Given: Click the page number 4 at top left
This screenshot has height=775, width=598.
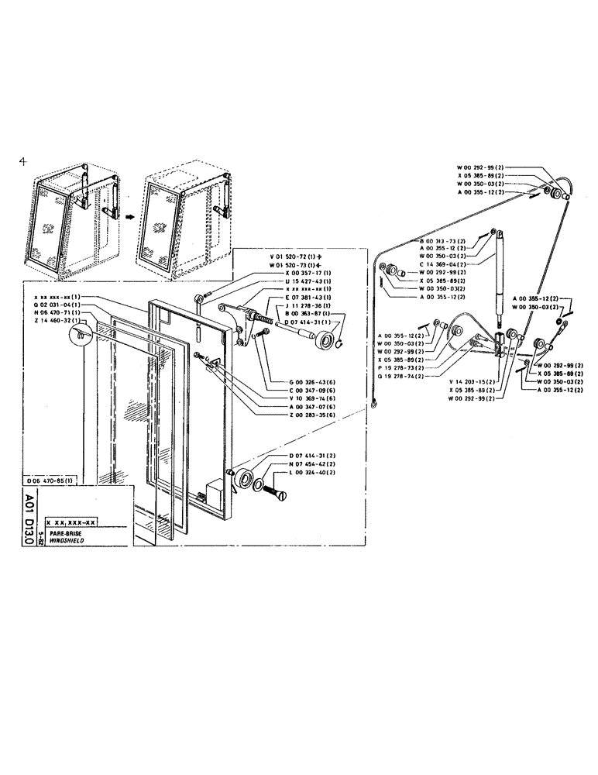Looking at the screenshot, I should [24, 161].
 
